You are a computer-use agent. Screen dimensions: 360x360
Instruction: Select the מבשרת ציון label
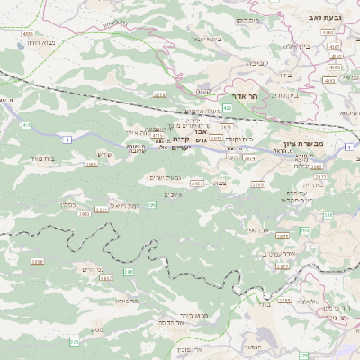328,144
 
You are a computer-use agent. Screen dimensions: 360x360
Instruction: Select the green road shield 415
26,125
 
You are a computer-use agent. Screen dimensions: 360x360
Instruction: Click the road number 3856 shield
37,262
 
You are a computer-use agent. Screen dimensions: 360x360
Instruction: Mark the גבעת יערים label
162,177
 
